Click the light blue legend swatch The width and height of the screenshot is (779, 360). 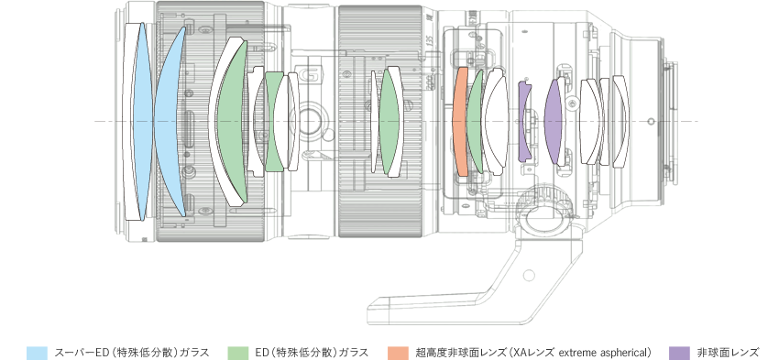(x=37, y=353)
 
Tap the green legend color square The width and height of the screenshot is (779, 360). (x=238, y=353)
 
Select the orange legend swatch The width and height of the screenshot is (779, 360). (x=398, y=353)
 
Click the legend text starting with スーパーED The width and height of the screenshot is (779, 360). (x=132, y=353)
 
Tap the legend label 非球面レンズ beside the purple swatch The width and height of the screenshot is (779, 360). (x=728, y=353)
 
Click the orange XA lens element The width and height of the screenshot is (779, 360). (x=462, y=122)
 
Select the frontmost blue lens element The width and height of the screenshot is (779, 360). (x=142, y=121)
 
